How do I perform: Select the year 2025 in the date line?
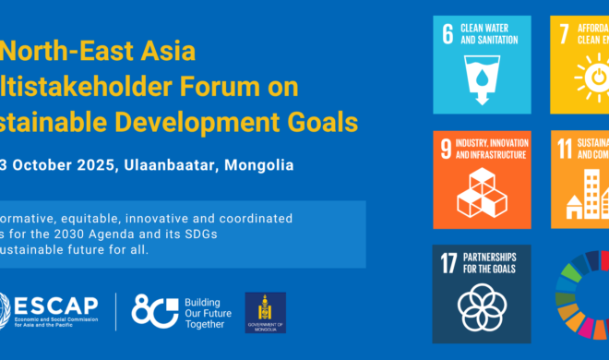click(84, 167)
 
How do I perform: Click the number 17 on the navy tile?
click(449, 261)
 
